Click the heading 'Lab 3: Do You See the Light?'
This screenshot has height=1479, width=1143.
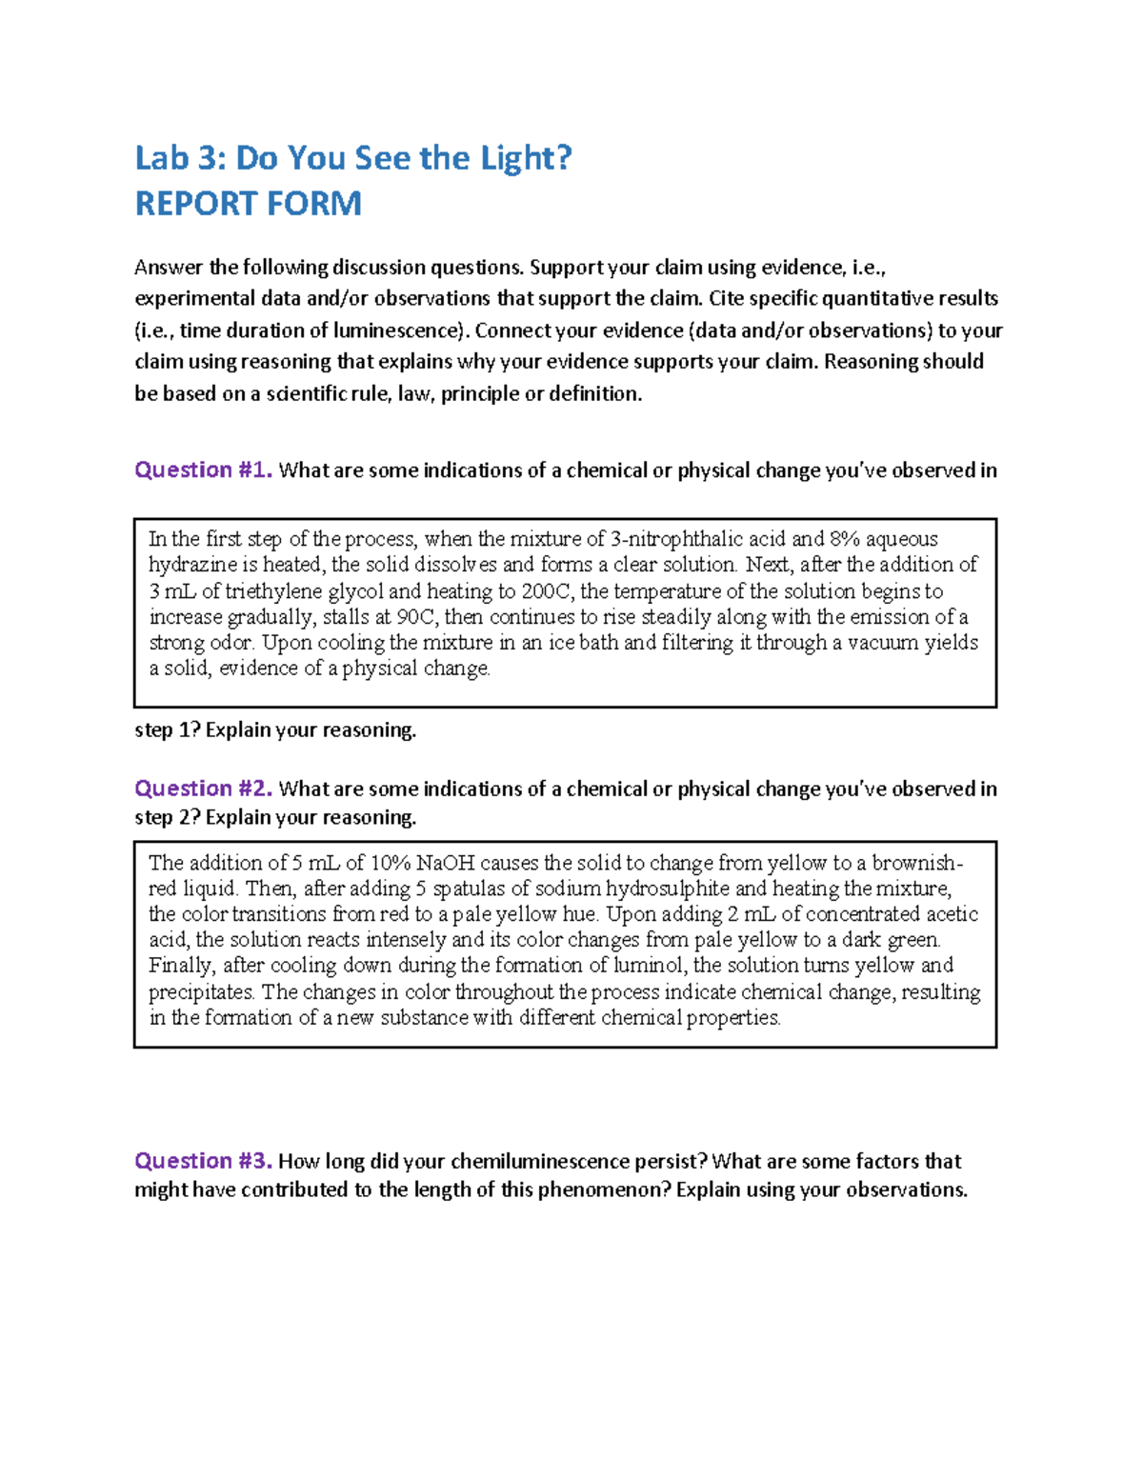pos(353,158)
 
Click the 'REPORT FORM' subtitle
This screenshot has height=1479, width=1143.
pos(248,204)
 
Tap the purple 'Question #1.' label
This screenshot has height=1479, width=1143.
pos(203,470)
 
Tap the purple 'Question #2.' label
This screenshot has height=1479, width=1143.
pos(203,789)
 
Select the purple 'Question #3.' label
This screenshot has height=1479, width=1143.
pos(203,1161)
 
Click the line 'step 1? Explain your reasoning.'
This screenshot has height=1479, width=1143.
pos(275,730)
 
